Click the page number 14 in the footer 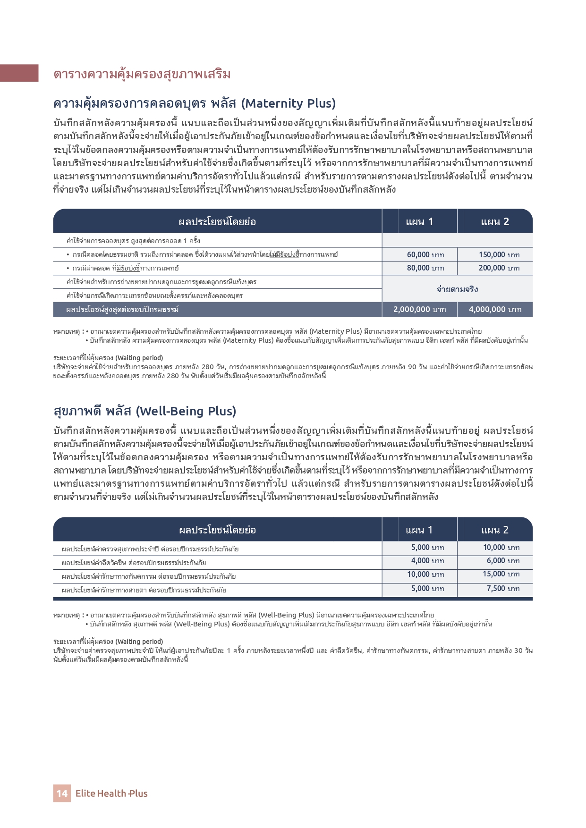point(62,793)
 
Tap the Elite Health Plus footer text point(111,793)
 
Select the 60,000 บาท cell point(425,254)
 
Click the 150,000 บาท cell point(499,254)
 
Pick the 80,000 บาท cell point(425,268)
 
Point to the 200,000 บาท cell point(499,268)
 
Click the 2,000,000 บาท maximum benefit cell point(419,309)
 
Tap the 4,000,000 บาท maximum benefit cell point(495,309)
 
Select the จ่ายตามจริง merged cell point(457,289)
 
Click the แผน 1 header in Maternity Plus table point(419,221)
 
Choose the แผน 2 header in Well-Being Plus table point(495,530)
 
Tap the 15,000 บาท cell point(501,574)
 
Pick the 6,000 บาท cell point(503,561)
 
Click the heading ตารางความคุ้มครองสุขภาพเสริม point(142,74)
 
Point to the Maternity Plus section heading point(194,103)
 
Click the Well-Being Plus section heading point(144,411)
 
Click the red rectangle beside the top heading point(19,73)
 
